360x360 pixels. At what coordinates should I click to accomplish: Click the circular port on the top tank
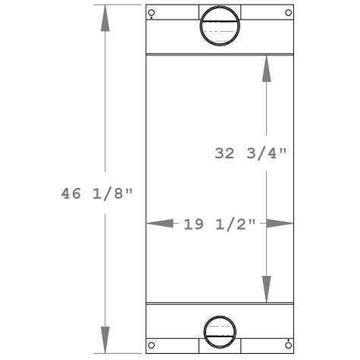(220, 27)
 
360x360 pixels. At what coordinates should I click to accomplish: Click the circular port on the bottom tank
(220, 330)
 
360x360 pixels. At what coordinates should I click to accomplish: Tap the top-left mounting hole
(152, 13)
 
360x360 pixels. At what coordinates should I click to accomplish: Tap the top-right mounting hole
(288, 12)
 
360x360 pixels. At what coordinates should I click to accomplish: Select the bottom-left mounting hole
(152, 346)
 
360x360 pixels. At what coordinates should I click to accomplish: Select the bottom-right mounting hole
(288, 346)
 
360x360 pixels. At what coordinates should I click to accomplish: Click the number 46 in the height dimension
(71, 193)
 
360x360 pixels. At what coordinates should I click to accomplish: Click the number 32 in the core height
(224, 152)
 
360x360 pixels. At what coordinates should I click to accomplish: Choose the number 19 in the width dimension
(193, 224)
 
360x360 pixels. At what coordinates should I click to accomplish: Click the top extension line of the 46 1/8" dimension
(117, 5)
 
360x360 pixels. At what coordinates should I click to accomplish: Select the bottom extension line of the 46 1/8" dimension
(117, 353)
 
